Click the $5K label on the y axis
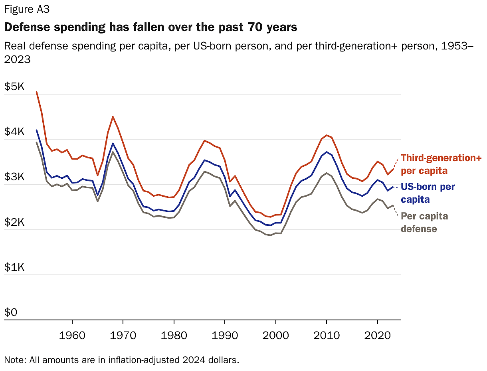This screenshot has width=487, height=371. tap(14, 86)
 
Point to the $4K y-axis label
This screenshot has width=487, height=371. tap(14, 131)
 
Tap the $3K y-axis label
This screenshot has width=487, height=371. tap(14, 177)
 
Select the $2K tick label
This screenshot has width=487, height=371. tap(14, 222)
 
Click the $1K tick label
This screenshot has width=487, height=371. tap(14, 267)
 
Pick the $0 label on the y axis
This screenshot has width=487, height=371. tap(11, 312)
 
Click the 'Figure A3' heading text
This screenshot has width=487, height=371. tap(27, 9)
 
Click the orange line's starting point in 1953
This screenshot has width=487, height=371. tap(37, 92)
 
